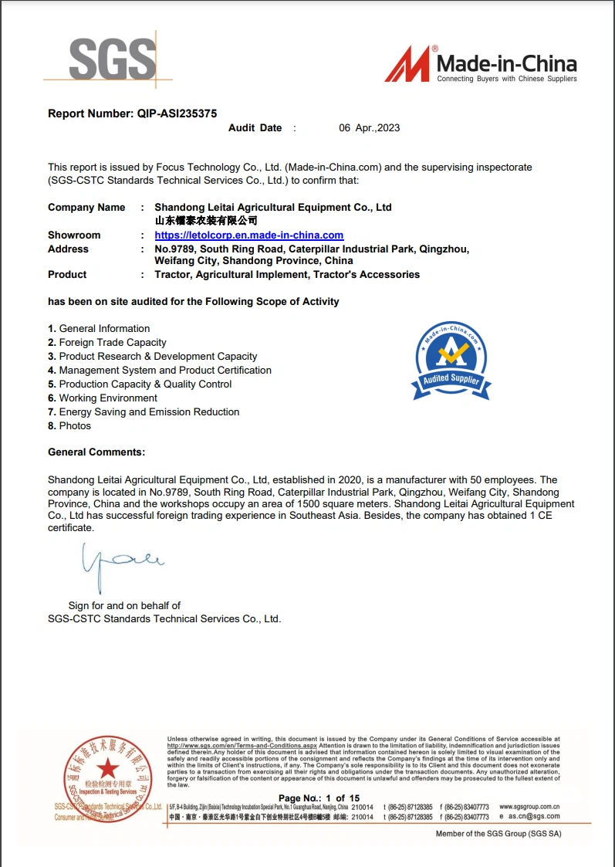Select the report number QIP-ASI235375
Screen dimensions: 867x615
pyautogui.click(x=177, y=113)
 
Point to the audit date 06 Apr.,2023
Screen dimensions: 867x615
pyautogui.click(x=370, y=128)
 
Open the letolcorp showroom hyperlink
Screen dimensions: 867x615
pyautogui.click(x=248, y=235)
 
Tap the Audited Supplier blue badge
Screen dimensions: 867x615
pyautogui.click(x=451, y=361)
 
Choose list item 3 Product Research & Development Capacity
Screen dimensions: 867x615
pyautogui.click(x=152, y=357)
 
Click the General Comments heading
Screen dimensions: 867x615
pyautogui.click(x=96, y=452)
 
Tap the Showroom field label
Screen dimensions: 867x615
pyautogui.click(x=74, y=235)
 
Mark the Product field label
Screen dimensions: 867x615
pyautogui.click(x=67, y=275)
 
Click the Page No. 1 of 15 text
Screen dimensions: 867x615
pyautogui.click(x=319, y=798)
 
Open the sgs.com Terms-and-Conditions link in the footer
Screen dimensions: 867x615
pyautogui.click(x=242, y=746)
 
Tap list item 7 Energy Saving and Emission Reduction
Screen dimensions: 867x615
pyautogui.click(x=144, y=412)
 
